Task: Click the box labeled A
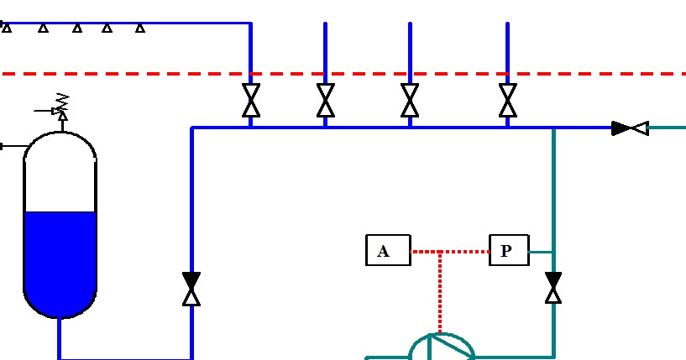pyautogui.click(x=387, y=251)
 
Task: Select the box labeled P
pyautogui.click(x=509, y=251)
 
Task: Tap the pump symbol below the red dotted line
pyautogui.click(x=440, y=347)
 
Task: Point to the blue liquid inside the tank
pyautogui.click(x=60, y=260)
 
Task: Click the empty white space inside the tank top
pyautogui.click(x=60, y=176)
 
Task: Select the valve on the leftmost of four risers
pyautogui.click(x=250, y=101)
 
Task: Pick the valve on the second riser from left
pyautogui.click(x=325, y=101)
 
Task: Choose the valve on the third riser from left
pyautogui.click(x=410, y=101)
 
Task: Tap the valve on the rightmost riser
pyautogui.click(x=507, y=101)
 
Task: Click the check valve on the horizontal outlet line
pyautogui.click(x=630, y=128)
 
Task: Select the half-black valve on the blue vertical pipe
pyautogui.click(x=191, y=288)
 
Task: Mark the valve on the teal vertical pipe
pyautogui.click(x=552, y=287)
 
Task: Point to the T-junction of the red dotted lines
pyautogui.click(x=440, y=251)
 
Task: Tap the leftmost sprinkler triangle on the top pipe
pyautogui.click(x=7, y=29)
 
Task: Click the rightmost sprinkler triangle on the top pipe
pyautogui.click(x=140, y=29)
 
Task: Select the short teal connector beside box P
pyautogui.click(x=540, y=251)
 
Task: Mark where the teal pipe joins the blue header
pyautogui.click(x=552, y=128)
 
